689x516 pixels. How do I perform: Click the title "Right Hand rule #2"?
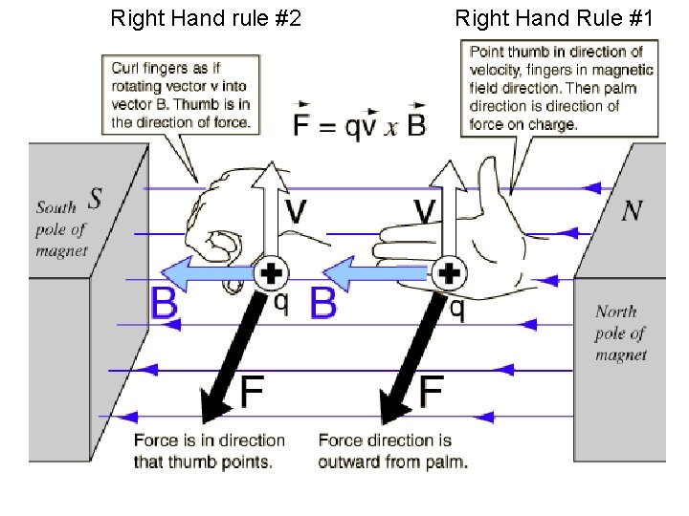[206, 17]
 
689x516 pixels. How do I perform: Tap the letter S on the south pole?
[95, 198]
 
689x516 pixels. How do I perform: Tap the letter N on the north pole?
[631, 210]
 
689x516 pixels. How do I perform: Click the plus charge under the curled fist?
[272, 274]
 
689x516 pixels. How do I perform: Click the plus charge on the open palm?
[448, 274]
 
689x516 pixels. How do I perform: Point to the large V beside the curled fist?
[297, 212]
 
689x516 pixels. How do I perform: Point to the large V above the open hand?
[427, 212]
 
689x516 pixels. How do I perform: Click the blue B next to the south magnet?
[165, 305]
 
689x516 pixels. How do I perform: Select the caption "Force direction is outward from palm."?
[392, 451]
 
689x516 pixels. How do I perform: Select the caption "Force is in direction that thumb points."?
[209, 451]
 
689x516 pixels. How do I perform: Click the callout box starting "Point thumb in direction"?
[561, 87]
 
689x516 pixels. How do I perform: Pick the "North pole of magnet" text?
[620, 333]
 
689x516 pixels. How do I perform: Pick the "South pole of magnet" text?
[61, 228]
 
